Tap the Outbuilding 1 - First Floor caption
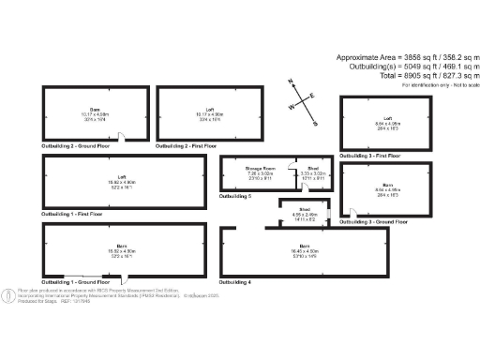click(74, 215)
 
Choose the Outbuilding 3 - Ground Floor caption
click(374, 221)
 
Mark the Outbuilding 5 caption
click(235, 196)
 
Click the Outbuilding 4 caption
click(235, 281)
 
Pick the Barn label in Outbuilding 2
click(95, 109)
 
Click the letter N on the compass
click(291, 82)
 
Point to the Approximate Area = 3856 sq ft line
click(407, 57)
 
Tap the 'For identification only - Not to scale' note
click(439, 85)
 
